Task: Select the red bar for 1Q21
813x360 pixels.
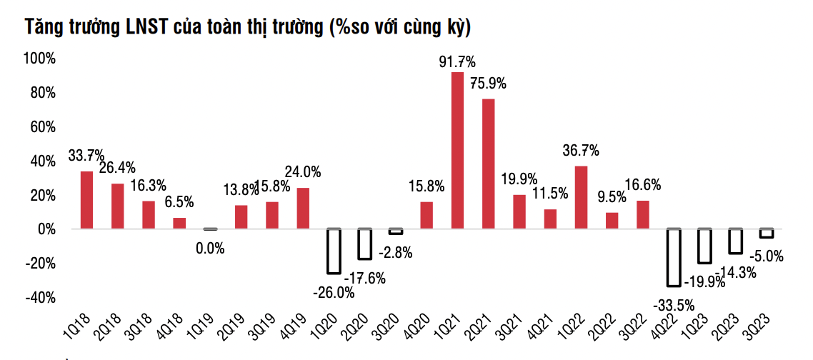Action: [457, 150]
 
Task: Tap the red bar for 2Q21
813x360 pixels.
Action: [488, 164]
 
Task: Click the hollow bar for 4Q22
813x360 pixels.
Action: [673, 257]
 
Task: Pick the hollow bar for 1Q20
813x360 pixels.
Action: [334, 251]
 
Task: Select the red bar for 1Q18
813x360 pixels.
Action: [86, 200]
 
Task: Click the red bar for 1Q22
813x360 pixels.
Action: [581, 197]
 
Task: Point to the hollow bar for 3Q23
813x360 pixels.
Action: [766, 233]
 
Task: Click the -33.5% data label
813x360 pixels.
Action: [672, 306]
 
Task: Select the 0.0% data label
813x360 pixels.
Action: [210, 249]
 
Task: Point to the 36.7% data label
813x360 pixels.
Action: [581, 151]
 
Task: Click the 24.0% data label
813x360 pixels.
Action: [303, 171]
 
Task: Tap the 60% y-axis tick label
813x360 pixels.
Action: [42, 126]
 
